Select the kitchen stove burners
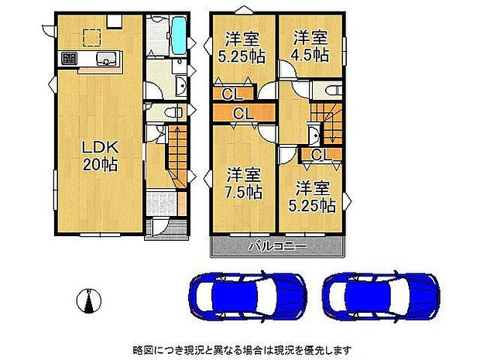68,60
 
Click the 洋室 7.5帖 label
243,184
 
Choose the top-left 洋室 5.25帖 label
242,46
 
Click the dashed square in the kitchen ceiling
91,36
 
